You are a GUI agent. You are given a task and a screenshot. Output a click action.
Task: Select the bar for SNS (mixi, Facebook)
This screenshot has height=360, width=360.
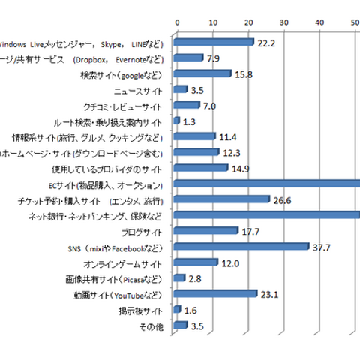[x=241, y=246]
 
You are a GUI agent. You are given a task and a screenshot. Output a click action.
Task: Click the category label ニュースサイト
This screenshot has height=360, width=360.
[x=141, y=90]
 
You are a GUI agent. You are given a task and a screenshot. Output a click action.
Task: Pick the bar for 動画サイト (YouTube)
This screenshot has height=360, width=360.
[x=215, y=294]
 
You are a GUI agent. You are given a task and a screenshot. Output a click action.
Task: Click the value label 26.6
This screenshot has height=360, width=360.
[x=283, y=199]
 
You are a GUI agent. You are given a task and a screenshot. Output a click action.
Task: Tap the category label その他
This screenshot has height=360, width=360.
[x=154, y=325]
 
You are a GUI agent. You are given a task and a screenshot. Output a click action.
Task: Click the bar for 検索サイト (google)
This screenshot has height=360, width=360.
[x=202, y=74]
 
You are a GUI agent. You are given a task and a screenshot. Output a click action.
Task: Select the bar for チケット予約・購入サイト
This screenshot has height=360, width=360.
[x=221, y=199]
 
